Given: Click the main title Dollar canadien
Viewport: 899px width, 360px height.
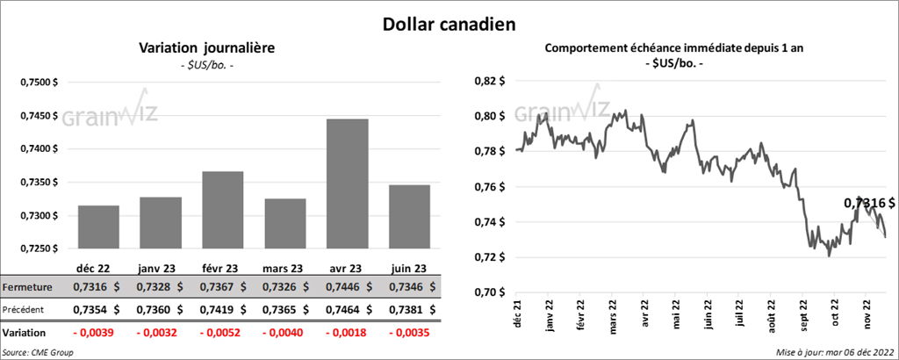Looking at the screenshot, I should [449, 23].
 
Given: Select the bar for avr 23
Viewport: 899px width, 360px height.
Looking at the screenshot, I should [348, 184].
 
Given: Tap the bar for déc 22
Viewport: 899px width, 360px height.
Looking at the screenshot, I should [98, 227].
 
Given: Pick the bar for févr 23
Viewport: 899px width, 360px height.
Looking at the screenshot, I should [223, 210].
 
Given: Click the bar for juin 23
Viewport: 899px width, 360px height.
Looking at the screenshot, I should [409, 217].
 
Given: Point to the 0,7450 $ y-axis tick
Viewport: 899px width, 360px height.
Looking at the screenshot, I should [38, 115].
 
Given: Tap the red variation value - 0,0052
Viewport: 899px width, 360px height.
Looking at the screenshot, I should [223, 334].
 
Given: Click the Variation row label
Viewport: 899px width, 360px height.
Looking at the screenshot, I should [24, 334].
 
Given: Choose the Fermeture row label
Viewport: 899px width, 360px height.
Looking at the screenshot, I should [25, 287].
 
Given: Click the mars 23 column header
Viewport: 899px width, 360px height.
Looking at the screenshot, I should [285, 269].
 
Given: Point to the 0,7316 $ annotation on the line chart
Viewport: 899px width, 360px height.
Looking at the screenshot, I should [870, 203].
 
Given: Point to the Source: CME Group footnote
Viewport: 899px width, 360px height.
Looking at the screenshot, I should [38, 352].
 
